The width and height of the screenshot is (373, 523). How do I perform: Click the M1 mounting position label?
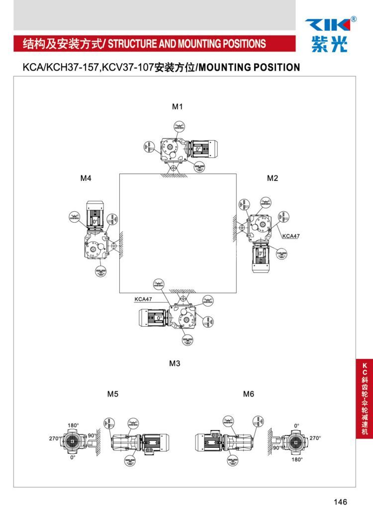pyautogui.click(x=178, y=106)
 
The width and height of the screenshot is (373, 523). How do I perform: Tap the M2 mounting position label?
pyautogui.click(x=272, y=178)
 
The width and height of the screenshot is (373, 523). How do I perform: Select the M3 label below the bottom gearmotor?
pyautogui.click(x=174, y=363)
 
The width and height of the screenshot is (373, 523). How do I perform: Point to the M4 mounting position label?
pyautogui.click(x=86, y=178)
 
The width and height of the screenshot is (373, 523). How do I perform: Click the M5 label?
pyautogui.click(x=113, y=394)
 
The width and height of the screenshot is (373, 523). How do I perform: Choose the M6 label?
pyautogui.click(x=249, y=394)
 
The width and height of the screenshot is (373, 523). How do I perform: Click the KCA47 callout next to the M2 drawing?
pyautogui.click(x=291, y=236)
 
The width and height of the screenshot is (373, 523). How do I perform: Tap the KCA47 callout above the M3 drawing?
pyautogui.click(x=143, y=299)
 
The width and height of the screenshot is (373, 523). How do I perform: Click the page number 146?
pyautogui.click(x=341, y=502)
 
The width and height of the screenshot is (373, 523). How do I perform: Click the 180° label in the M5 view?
pyautogui.click(x=73, y=426)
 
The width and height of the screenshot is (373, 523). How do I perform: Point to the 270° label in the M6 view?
pyautogui.click(x=315, y=438)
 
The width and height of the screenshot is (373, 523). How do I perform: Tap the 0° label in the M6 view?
pyautogui.click(x=296, y=426)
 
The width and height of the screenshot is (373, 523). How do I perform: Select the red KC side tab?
pyautogui.click(x=365, y=398)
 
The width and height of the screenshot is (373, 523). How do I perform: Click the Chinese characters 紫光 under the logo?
pyautogui.click(x=330, y=45)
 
